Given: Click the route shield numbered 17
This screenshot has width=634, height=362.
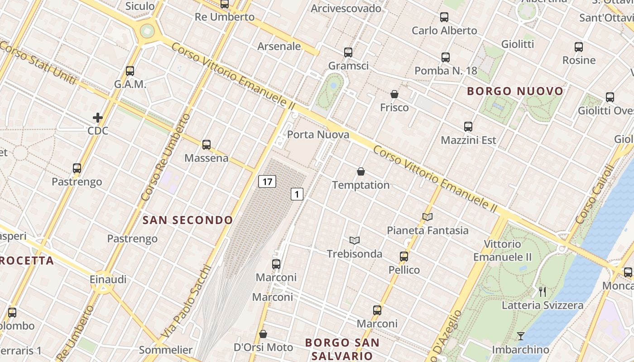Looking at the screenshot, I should (267, 182).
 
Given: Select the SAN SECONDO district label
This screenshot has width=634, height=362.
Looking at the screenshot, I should (188, 220).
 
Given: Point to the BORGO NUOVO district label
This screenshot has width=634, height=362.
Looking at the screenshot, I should (515, 91).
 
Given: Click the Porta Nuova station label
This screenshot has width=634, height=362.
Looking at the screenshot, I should (318, 135).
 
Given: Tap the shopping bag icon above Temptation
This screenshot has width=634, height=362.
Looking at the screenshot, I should (361, 171).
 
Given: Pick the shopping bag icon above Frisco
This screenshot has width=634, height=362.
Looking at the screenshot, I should (394, 94).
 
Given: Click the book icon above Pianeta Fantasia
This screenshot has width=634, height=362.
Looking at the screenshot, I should (427, 217).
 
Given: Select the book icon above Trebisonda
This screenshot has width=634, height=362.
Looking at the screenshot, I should (355, 240).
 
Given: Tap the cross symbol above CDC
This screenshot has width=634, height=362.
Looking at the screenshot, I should (98, 118).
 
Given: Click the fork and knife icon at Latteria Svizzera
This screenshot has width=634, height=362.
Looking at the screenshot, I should (542, 291).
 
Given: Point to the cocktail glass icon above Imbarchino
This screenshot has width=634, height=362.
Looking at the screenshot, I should (521, 336).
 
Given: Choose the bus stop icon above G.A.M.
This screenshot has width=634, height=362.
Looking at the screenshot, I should (130, 71).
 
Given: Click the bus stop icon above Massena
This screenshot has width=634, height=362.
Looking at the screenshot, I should (207, 145).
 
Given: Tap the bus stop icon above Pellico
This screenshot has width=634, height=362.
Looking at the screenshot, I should (404, 257).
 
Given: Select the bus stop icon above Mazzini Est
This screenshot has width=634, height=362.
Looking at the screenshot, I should (468, 127).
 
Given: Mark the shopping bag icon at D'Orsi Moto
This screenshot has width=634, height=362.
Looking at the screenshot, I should (263, 334).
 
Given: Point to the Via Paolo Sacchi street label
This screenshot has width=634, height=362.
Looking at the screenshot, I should (186, 301).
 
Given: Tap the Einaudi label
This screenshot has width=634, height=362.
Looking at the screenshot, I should (108, 279).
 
